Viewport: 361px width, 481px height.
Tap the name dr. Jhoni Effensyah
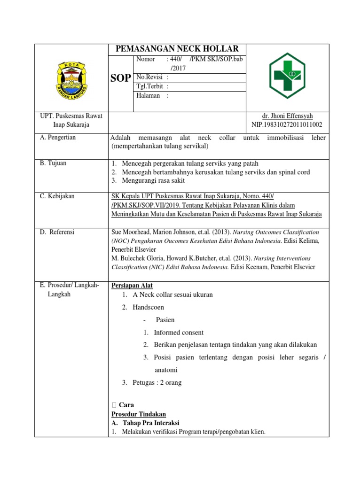[287, 116]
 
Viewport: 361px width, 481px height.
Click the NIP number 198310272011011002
[287, 124]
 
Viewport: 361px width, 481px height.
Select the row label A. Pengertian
[58, 138]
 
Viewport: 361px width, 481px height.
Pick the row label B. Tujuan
[53, 163]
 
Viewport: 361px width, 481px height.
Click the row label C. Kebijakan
[57, 196]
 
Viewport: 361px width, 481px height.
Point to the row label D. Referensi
[57, 232]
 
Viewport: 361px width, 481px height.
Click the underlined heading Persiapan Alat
[132, 286]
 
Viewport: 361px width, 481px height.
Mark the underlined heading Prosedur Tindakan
[138, 414]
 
